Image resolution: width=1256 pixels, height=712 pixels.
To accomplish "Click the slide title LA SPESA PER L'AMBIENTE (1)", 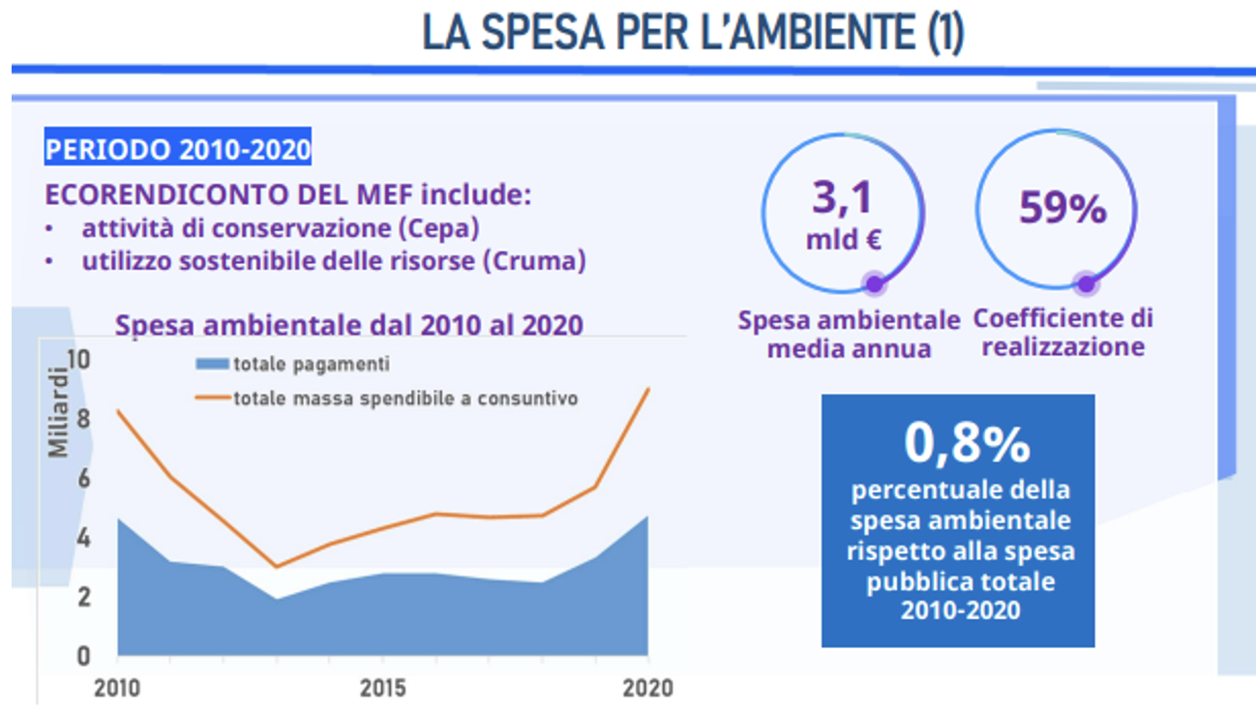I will [x=693, y=33].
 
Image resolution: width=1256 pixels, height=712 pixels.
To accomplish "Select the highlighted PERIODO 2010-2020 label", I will [x=178, y=150].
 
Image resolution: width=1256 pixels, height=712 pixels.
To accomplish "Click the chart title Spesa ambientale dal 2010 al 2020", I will [x=348, y=324].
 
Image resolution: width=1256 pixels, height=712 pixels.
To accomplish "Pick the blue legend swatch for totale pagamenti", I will [x=212, y=365].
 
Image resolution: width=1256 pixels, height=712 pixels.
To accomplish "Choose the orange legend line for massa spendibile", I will [x=212, y=398].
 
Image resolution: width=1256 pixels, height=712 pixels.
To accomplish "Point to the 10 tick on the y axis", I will [x=76, y=360].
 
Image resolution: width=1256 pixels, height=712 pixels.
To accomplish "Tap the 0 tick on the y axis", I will [x=82, y=657].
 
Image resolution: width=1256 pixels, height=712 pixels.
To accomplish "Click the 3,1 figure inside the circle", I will [x=842, y=197].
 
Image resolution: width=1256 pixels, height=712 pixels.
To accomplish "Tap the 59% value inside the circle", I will [x=1062, y=208].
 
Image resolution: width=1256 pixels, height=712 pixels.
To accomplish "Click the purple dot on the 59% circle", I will [x=1086, y=284].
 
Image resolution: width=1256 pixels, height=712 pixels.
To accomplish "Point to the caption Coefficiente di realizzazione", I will [x=1062, y=332].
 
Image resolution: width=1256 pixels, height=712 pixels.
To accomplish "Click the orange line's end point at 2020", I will [x=647, y=389].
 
